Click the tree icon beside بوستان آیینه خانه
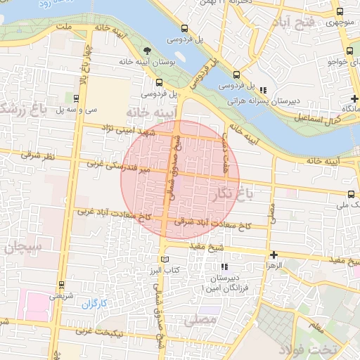pyautogui.click(x=146, y=51)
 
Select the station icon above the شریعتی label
pyautogui.click(x=61, y=285)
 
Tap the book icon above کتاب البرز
pyautogui.click(x=165, y=259)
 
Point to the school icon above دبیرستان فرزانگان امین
pyautogui.click(x=224, y=267)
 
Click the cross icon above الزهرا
pyautogui.click(x=274, y=255)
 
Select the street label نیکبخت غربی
pyautogui.click(x=102, y=331)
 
